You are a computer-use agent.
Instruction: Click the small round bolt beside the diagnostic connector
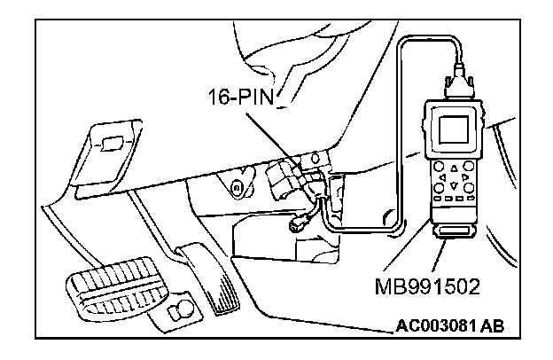click(237, 187)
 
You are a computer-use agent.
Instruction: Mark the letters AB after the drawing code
click(493, 325)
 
